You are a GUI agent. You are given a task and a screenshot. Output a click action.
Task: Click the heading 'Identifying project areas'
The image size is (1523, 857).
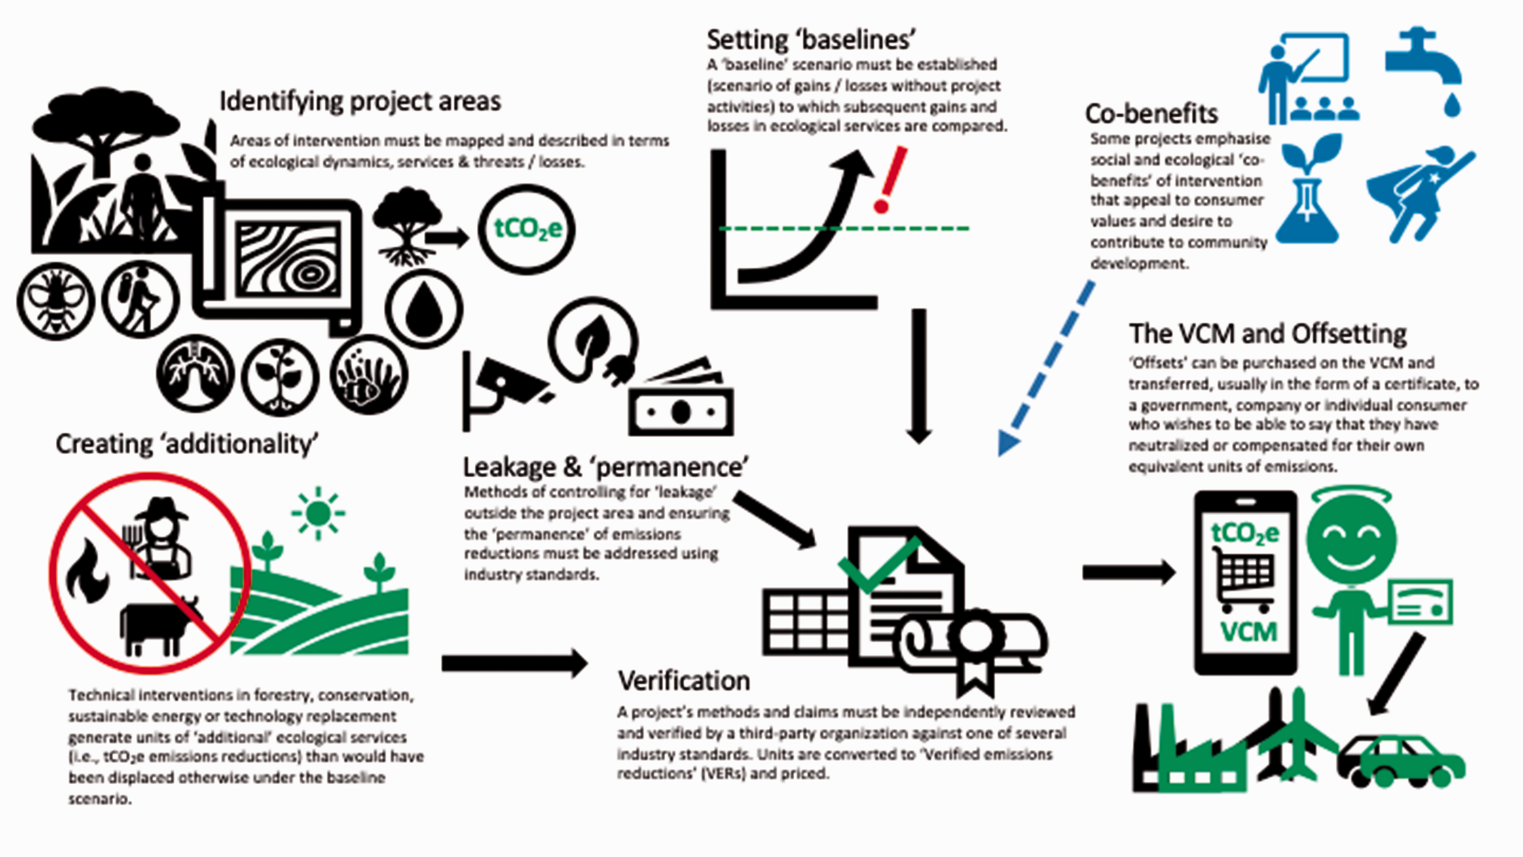point(360,101)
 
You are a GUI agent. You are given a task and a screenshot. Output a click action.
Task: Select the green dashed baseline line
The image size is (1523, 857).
point(844,227)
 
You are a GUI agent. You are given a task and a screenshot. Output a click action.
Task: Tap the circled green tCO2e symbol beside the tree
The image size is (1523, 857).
point(526,229)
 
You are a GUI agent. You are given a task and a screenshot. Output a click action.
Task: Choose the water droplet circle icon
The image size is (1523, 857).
point(424,308)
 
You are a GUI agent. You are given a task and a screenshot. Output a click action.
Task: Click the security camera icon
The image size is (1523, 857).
point(503,390)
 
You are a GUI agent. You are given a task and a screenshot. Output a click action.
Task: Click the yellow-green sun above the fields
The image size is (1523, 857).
point(318,513)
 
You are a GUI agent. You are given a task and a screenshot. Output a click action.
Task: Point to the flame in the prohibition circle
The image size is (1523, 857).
point(87,571)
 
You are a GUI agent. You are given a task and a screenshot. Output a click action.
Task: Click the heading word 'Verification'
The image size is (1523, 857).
point(684,681)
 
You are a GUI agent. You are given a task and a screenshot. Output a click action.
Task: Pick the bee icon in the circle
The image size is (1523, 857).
point(55,301)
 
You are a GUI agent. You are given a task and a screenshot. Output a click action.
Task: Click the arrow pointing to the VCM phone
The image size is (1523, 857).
point(1129,572)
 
